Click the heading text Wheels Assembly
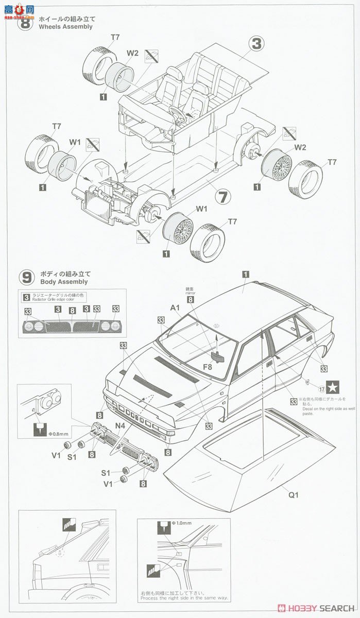pos(66,27)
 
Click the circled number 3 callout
pos(256,44)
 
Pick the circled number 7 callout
pos(221,196)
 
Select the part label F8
pos(208,367)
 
